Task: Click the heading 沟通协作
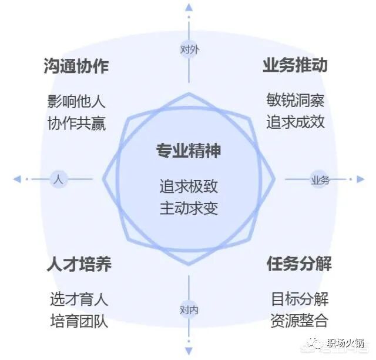tap(76, 66)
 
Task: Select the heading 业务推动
tap(295, 65)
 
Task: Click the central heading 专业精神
tap(188, 151)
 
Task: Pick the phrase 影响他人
tap(76, 101)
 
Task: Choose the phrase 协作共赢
tap(76, 124)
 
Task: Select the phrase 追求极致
tap(189, 186)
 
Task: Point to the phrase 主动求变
tap(189, 208)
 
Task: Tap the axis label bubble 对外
tap(189, 49)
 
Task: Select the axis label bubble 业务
tap(320, 179)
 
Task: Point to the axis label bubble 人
tap(58, 179)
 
